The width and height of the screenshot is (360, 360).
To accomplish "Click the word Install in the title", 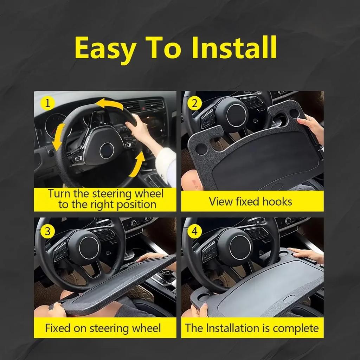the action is coord(234,47).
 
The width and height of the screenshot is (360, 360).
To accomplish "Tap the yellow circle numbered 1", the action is coord(47,104).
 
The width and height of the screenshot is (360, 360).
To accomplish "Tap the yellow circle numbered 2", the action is coord(194,103).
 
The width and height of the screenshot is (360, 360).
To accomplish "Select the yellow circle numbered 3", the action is coord(47,231).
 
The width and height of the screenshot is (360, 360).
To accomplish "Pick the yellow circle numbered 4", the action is coord(194,231).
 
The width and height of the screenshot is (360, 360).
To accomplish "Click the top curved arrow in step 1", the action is coord(109,103).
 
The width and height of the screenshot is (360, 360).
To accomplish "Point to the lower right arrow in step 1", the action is coord(137,165).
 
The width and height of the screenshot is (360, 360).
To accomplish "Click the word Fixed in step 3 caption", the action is coord(58,328).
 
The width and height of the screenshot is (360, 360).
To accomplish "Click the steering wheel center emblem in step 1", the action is coord(107,150).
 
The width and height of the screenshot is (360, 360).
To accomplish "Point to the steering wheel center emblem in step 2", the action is coord(236,115).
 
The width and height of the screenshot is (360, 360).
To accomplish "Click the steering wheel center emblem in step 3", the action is coord(89,248).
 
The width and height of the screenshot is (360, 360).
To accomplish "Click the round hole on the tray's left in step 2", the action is coord(201,149).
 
